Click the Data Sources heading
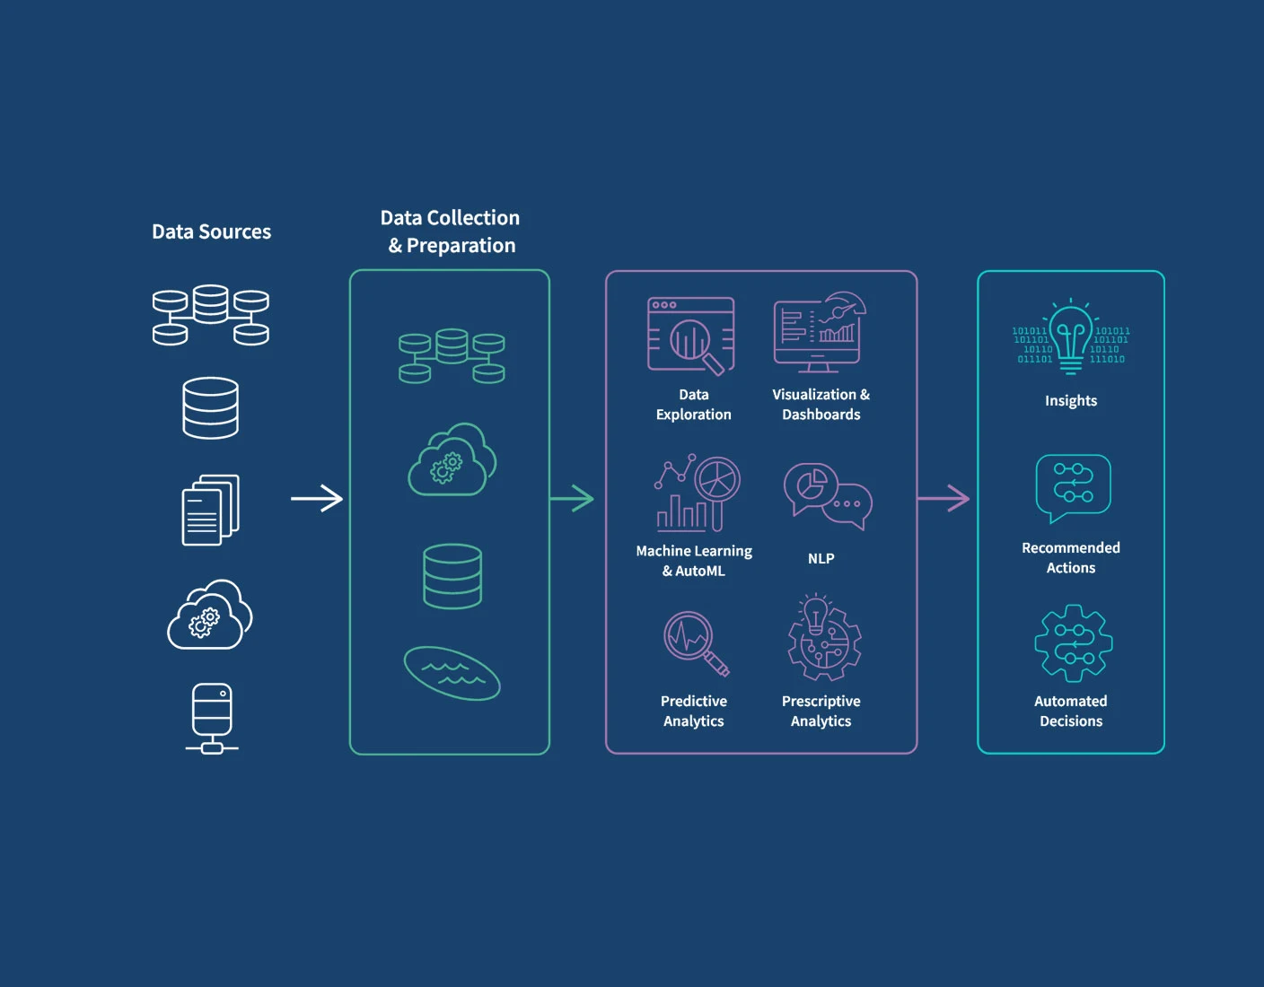[x=211, y=231]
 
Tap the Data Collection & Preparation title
[x=451, y=231]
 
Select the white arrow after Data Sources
[x=317, y=498]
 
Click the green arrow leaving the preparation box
[x=572, y=498]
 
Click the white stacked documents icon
[x=211, y=510]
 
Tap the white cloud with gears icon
[x=210, y=616]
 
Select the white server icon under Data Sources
[x=212, y=718]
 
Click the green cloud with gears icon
[x=452, y=460]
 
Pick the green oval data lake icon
[x=452, y=673]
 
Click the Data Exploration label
[x=693, y=405]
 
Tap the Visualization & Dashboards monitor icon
[x=820, y=332]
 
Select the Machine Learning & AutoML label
[x=694, y=561]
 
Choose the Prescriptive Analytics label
[x=821, y=711]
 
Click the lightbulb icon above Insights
[x=1071, y=337]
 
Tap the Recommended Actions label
[x=1071, y=557]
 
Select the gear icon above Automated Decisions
[x=1073, y=643]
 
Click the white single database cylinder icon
[x=211, y=408]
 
